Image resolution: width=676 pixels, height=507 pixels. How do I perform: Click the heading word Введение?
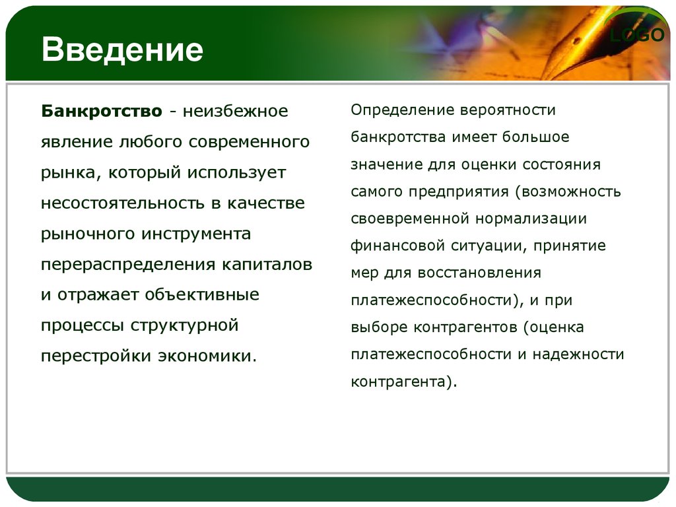(122, 50)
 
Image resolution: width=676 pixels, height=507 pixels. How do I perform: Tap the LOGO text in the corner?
(637, 35)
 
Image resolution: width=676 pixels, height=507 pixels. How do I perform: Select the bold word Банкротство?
(102, 111)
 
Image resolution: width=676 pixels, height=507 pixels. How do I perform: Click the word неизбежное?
(236, 111)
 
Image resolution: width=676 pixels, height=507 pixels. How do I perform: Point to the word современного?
(249, 142)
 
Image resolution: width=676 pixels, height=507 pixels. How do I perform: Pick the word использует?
(237, 172)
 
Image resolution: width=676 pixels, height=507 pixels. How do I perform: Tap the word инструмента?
(196, 234)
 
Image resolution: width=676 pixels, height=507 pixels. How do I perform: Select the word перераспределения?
(128, 264)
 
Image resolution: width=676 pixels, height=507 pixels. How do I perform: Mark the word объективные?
(202, 294)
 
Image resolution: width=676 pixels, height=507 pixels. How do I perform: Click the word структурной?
(185, 325)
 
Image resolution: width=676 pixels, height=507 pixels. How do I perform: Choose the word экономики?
(207, 356)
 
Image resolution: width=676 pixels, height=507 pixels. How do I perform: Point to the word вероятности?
(508, 110)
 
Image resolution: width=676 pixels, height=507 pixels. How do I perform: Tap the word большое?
(536, 137)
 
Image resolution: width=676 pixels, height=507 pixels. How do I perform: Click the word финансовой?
(397, 246)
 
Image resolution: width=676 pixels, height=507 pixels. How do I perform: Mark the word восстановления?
(479, 273)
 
